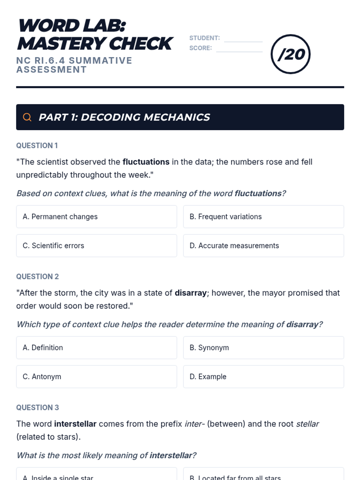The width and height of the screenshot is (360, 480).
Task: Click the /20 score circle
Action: (x=290, y=54)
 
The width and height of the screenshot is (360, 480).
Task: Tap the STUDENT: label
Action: (x=204, y=38)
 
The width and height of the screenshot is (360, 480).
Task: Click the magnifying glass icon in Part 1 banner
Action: (x=27, y=117)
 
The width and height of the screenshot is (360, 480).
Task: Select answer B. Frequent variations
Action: (x=263, y=217)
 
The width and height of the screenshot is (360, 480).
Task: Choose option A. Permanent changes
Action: (x=96, y=217)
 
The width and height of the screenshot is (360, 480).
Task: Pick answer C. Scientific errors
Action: (x=96, y=246)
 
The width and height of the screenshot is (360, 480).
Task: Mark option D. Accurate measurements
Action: (x=263, y=246)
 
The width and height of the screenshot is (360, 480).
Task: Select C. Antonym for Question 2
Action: (x=96, y=376)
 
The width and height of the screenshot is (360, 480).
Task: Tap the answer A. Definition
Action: (x=96, y=348)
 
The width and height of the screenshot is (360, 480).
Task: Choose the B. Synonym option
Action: (x=263, y=348)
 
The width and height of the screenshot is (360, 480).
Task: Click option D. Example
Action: (x=263, y=376)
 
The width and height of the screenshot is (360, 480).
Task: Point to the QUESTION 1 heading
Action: (x=37, y=145)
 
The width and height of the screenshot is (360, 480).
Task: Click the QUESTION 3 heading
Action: (x=37, y=407)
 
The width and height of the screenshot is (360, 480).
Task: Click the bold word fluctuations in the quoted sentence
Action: (x=146, y=162)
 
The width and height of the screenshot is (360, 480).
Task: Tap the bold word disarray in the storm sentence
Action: (x=190, y=293)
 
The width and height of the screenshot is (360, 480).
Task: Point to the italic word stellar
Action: (x=307, y=424)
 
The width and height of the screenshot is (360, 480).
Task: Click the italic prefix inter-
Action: (x=194, y=424)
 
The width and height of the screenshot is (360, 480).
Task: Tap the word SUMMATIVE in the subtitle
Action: (x=100, y=61)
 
